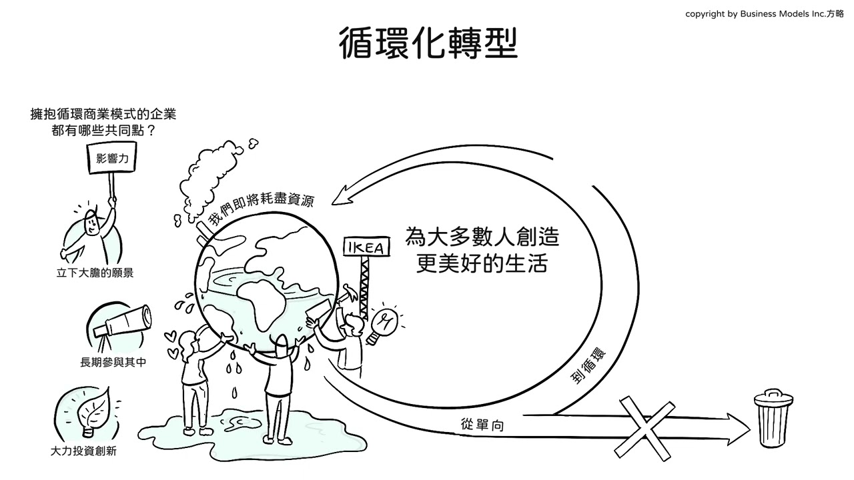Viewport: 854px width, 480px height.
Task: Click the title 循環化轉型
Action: click(428, 44)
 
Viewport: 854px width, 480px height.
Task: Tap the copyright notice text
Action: click(764, 14)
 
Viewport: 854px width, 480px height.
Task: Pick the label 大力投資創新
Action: click(83, 451)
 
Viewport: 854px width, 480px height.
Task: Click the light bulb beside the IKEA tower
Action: click(385, 323)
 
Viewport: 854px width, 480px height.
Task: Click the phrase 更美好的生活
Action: click(482, 263)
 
